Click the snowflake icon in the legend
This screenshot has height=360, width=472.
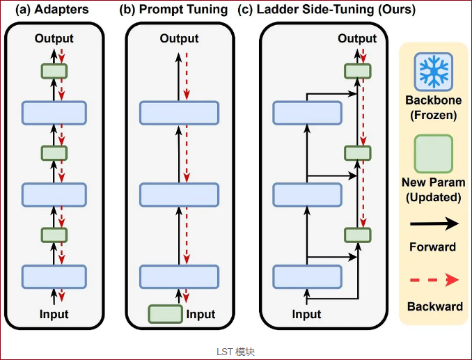click(434, 72)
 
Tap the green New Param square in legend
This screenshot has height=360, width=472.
click(434, 154)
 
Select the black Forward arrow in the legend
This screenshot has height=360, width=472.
click(434, 224)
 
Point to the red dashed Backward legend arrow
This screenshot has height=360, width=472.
click(434, 280)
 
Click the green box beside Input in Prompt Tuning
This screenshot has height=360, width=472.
click(165, 314)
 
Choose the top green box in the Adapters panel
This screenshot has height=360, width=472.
click(54, 71)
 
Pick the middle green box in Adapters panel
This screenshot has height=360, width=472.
click(54, 153)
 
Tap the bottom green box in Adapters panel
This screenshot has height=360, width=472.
click(54, 235)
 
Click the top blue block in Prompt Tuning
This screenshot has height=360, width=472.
click(179, 113)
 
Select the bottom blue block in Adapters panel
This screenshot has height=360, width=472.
click(54, 277)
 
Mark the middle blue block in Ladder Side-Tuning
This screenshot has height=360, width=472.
click(307, 195)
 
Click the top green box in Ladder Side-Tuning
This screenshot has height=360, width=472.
click(358, 71)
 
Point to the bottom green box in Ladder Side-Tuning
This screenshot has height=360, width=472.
click(358, 235)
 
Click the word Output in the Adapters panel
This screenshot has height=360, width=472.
click(54, 38)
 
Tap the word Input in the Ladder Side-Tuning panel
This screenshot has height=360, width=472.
click(306, 314)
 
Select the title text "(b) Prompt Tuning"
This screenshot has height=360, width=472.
click(173, 10)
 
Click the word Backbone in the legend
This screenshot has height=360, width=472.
click(434, 100)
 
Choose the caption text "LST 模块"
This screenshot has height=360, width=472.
click(236, 352)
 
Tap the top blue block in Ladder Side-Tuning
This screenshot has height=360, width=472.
click(307, 113)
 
